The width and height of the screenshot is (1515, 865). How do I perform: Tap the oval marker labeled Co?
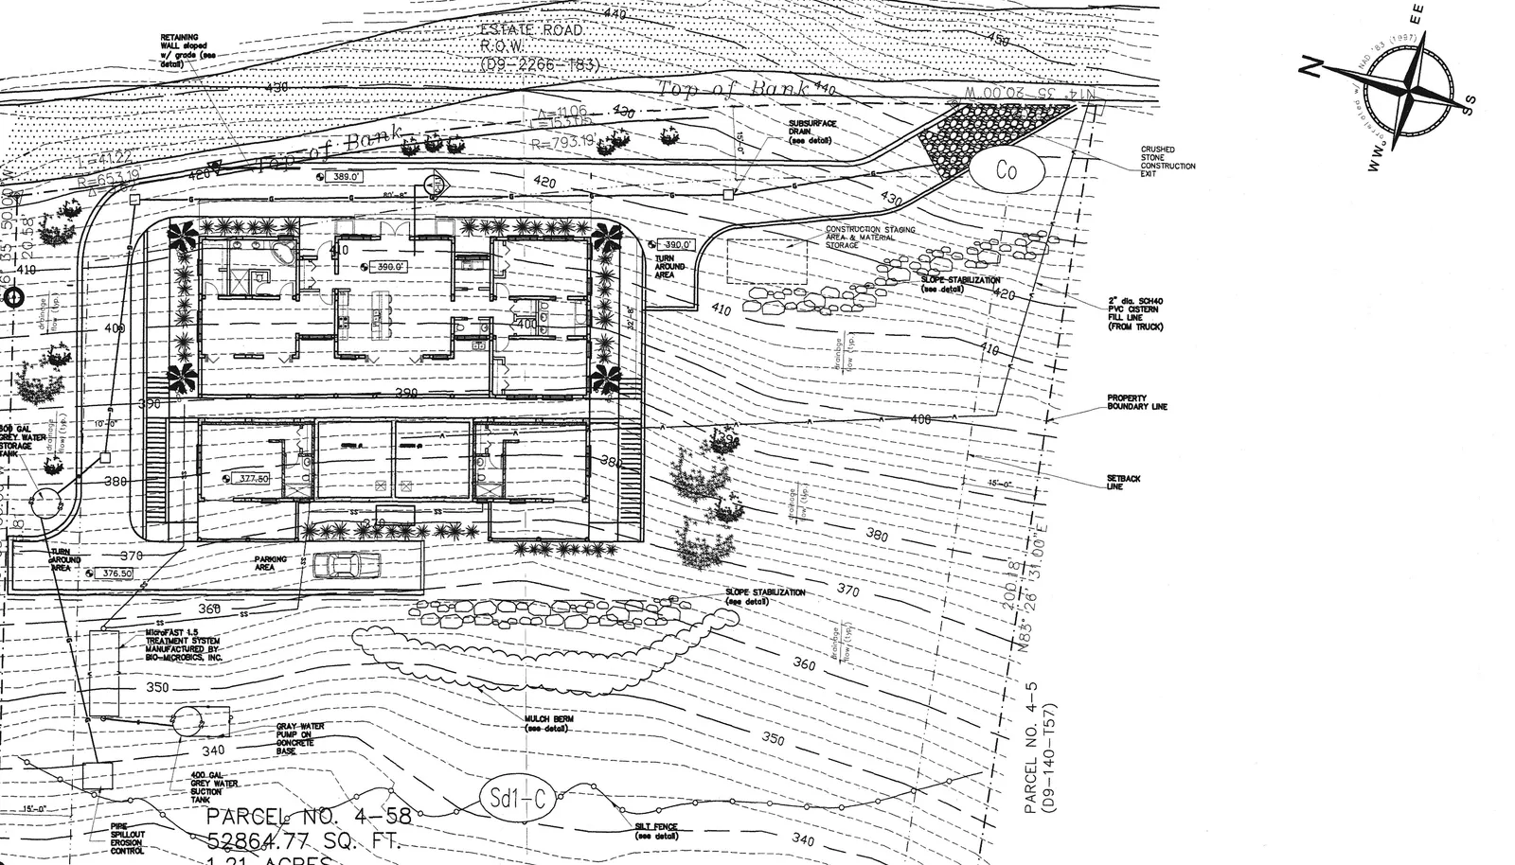coord(1006,170)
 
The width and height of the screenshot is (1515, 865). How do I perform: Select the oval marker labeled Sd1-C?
coord(516,798)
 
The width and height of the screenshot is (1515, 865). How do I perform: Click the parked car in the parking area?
coord(347,565)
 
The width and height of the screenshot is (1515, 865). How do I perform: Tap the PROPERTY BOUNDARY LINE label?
coord(1136,402)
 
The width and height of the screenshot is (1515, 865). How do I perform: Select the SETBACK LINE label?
coord(1123,483)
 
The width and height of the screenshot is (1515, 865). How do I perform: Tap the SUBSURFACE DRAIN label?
coord(810,132)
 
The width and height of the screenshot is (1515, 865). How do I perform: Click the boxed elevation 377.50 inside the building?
coord(253,479)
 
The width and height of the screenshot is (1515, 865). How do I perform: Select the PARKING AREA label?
coord(271,563)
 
